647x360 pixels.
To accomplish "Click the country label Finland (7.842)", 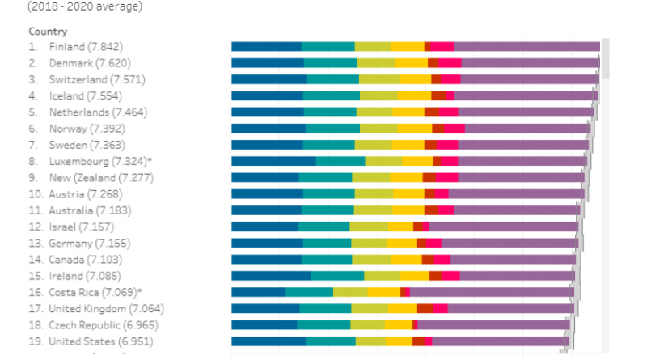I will click(x=86, y=46).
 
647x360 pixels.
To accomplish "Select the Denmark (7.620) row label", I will click(x=90, y=62).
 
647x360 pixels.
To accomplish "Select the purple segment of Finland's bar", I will click(x=526, y=46).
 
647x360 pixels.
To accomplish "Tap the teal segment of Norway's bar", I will click(x=332, y=128).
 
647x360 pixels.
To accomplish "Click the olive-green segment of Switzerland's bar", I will click(x=378, y=79).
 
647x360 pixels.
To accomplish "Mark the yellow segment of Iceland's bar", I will click(x=414, y=95).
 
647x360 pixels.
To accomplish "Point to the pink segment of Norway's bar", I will click(x=455, y=128).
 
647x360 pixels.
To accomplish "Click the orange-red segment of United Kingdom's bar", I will click(x=425, y=308).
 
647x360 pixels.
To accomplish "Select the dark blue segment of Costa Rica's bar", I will click(x=259, y=292).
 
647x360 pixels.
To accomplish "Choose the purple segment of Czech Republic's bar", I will click(x=490, y=325).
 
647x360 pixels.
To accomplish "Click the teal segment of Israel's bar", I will click(x=323, y=227).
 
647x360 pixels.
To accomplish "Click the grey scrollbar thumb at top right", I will click(x=605, y=57).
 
